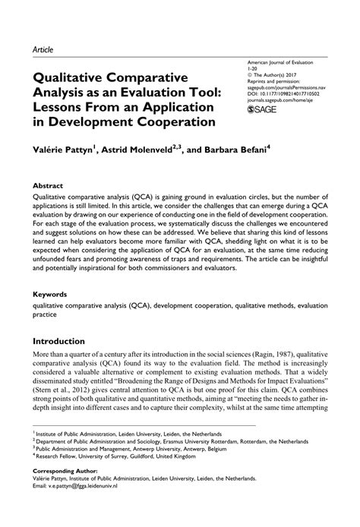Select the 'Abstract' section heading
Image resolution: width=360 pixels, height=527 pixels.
(48, 185)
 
